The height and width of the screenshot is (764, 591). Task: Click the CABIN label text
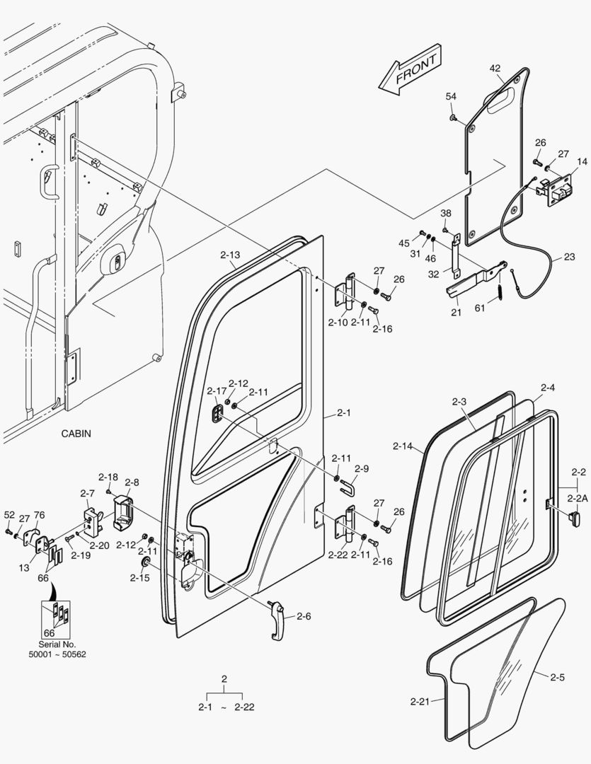(x=76, y=434)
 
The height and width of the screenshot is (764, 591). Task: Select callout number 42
(x=495, y=69)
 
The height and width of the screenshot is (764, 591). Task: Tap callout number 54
(x=451, y=96)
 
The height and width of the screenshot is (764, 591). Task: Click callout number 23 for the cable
(x=570, y=257)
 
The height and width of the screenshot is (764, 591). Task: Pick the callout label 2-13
(x=230, y=255)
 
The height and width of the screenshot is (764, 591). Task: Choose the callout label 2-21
(x=420, y=702)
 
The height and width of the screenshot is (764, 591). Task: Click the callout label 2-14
(x=402, y=446)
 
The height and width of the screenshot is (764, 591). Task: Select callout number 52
(x=9, y=515)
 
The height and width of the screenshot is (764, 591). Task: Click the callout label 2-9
(x=362, y=468)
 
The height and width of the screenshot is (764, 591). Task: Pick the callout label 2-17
(x=217, y=391)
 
